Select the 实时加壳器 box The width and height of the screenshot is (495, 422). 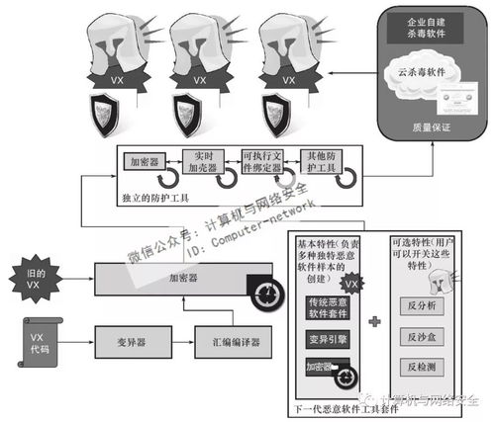[x=204, y=161]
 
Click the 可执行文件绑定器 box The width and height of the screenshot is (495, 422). [x=264, y=161]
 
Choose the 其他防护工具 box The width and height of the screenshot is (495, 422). [x=325, y=161]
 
